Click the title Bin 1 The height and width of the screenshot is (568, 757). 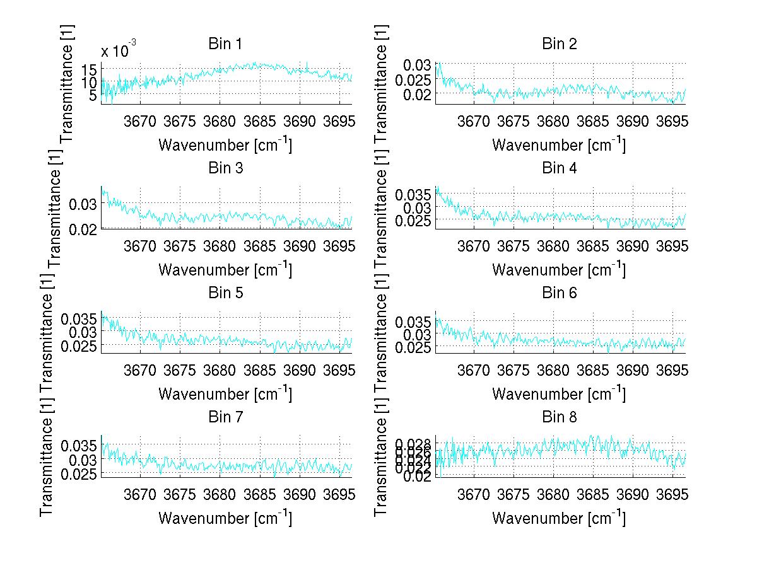(225, 43)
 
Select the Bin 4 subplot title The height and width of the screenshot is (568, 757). (559, 168)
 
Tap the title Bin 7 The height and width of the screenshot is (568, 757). (225, 417)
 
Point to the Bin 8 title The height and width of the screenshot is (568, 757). (559, 417)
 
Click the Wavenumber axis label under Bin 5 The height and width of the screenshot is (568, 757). (225, 394)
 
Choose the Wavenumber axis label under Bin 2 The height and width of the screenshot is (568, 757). (559, 145)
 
